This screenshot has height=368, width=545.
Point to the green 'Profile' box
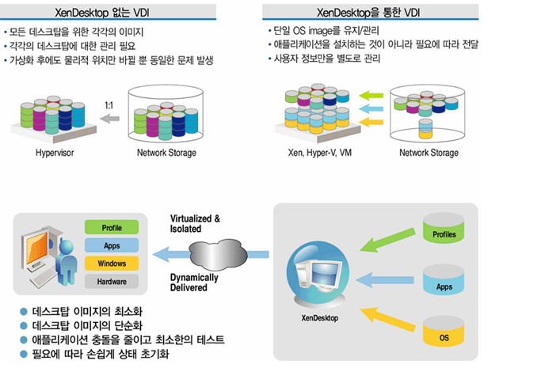(112, 228)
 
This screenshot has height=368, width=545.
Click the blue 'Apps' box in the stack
(112, 245)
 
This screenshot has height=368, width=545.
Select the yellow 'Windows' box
(112, 263)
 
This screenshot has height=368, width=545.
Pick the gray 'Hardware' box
(112, 281)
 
